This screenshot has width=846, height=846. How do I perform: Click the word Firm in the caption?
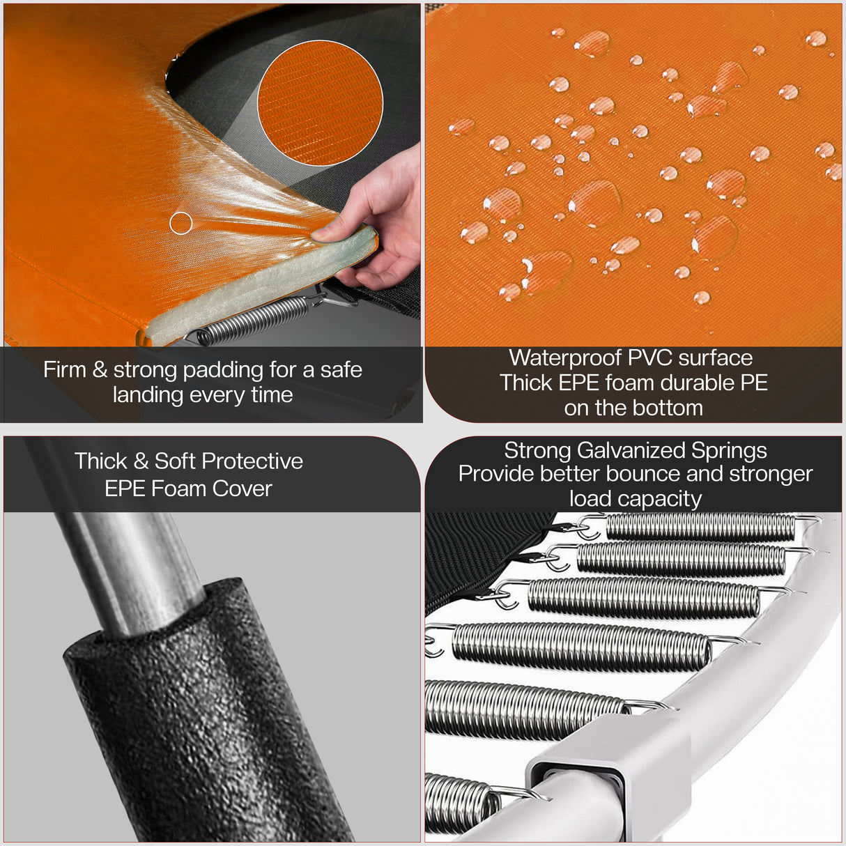65,369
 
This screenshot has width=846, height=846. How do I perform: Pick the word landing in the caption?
146,395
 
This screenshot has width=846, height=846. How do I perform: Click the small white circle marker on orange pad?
181,223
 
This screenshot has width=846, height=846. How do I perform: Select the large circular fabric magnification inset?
320,103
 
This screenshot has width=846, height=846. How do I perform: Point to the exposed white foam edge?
259,285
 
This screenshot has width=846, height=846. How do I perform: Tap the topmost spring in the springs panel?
700,526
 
